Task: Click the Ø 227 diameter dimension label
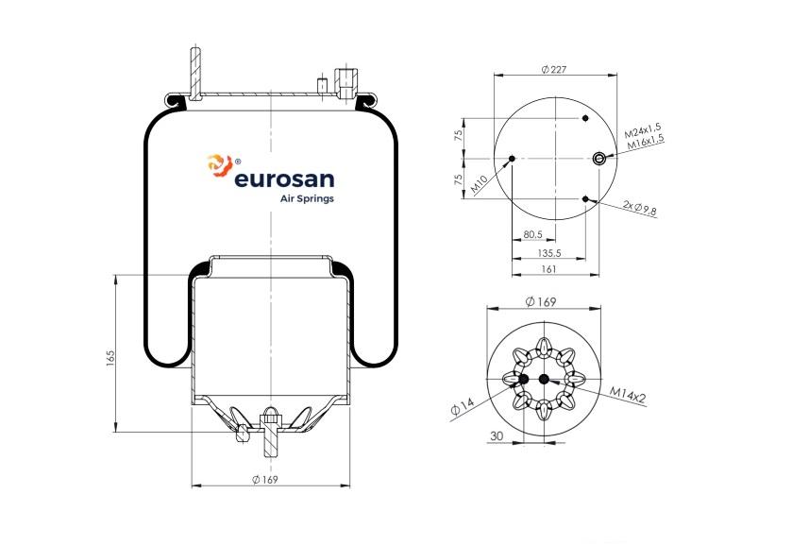(553, 69)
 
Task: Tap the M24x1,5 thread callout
(643, 131)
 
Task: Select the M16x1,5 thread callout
(646, 142)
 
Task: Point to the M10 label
(480, 184)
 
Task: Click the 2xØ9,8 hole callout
(639, 208)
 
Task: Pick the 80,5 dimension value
(533, 234)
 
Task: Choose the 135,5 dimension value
(549, 253)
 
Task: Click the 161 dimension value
(548, 269)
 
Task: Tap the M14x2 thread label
(628, 396)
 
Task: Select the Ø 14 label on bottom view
(463, 406)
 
